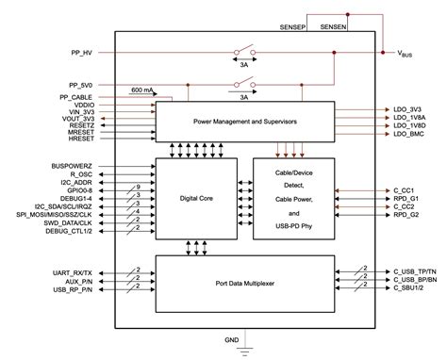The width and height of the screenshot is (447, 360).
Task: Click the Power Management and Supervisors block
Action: pos(247,121)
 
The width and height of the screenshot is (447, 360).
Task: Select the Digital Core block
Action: pos(194,198)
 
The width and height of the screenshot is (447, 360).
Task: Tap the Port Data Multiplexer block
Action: pos(247,283)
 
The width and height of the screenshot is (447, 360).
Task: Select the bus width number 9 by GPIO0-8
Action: pos(139,188)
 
